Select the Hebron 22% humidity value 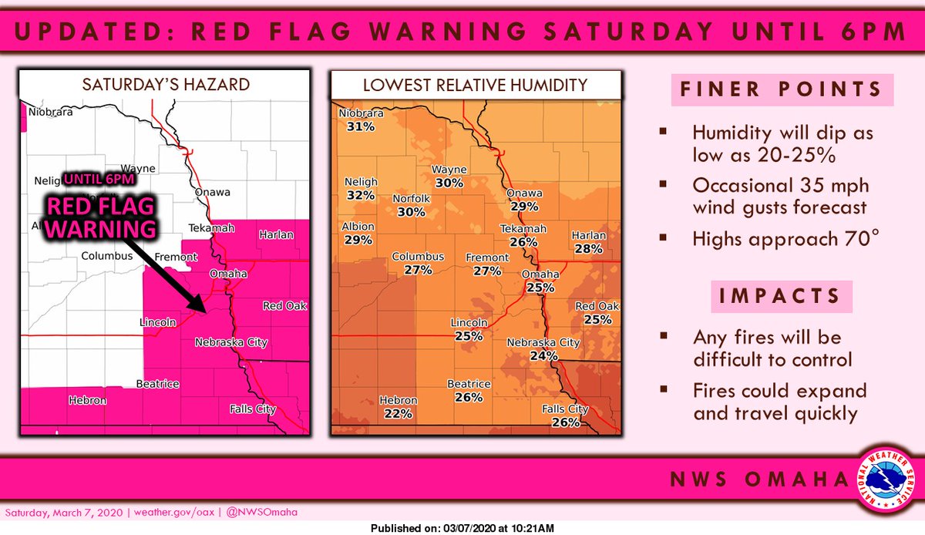[398, 413]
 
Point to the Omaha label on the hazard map [227, 274]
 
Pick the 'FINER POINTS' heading [781, 89]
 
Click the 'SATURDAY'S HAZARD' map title [165, 85]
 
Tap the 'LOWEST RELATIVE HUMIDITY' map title [475, 85]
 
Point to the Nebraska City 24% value [544, 355]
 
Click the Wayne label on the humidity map [448, 170]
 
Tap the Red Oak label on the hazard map [284, 306]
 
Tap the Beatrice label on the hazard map [157, 384]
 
